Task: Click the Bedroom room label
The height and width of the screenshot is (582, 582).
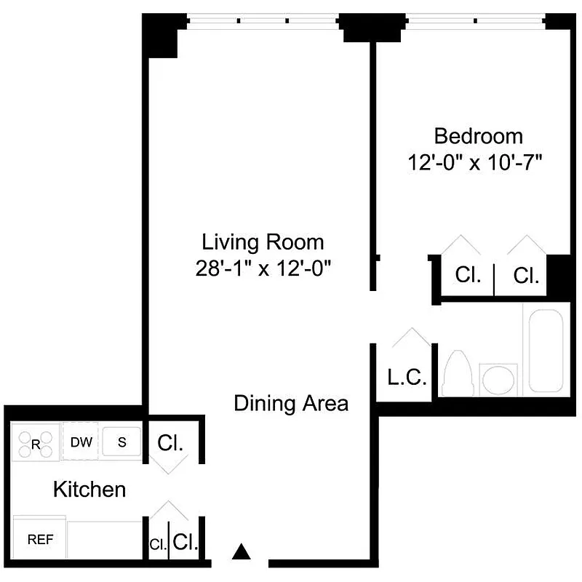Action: tap(478, 136)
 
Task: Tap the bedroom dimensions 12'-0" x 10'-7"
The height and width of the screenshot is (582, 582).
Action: tap(477, 162)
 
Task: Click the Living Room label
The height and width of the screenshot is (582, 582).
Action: tap(263, 242)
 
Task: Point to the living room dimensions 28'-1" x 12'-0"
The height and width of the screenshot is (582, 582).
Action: tap(263, 268)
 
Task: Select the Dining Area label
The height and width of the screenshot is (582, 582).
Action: tap(291, 403)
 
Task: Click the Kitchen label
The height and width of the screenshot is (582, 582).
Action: tap(89, 490)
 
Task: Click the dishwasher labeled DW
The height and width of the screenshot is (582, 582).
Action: tap(81, 442)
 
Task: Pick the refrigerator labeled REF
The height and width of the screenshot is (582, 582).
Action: tap(39, 540)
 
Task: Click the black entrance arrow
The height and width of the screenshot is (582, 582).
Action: tap(242, 552)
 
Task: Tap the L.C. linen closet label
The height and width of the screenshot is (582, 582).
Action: tap(406, 378)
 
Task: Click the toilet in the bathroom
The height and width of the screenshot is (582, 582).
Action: tap(458, 372)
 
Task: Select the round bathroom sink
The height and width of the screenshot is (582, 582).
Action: tap(498, 379)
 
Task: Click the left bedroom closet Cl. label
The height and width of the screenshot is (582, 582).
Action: tap(468, 276)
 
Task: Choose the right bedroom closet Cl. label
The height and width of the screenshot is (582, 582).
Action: tap(526, 276)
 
